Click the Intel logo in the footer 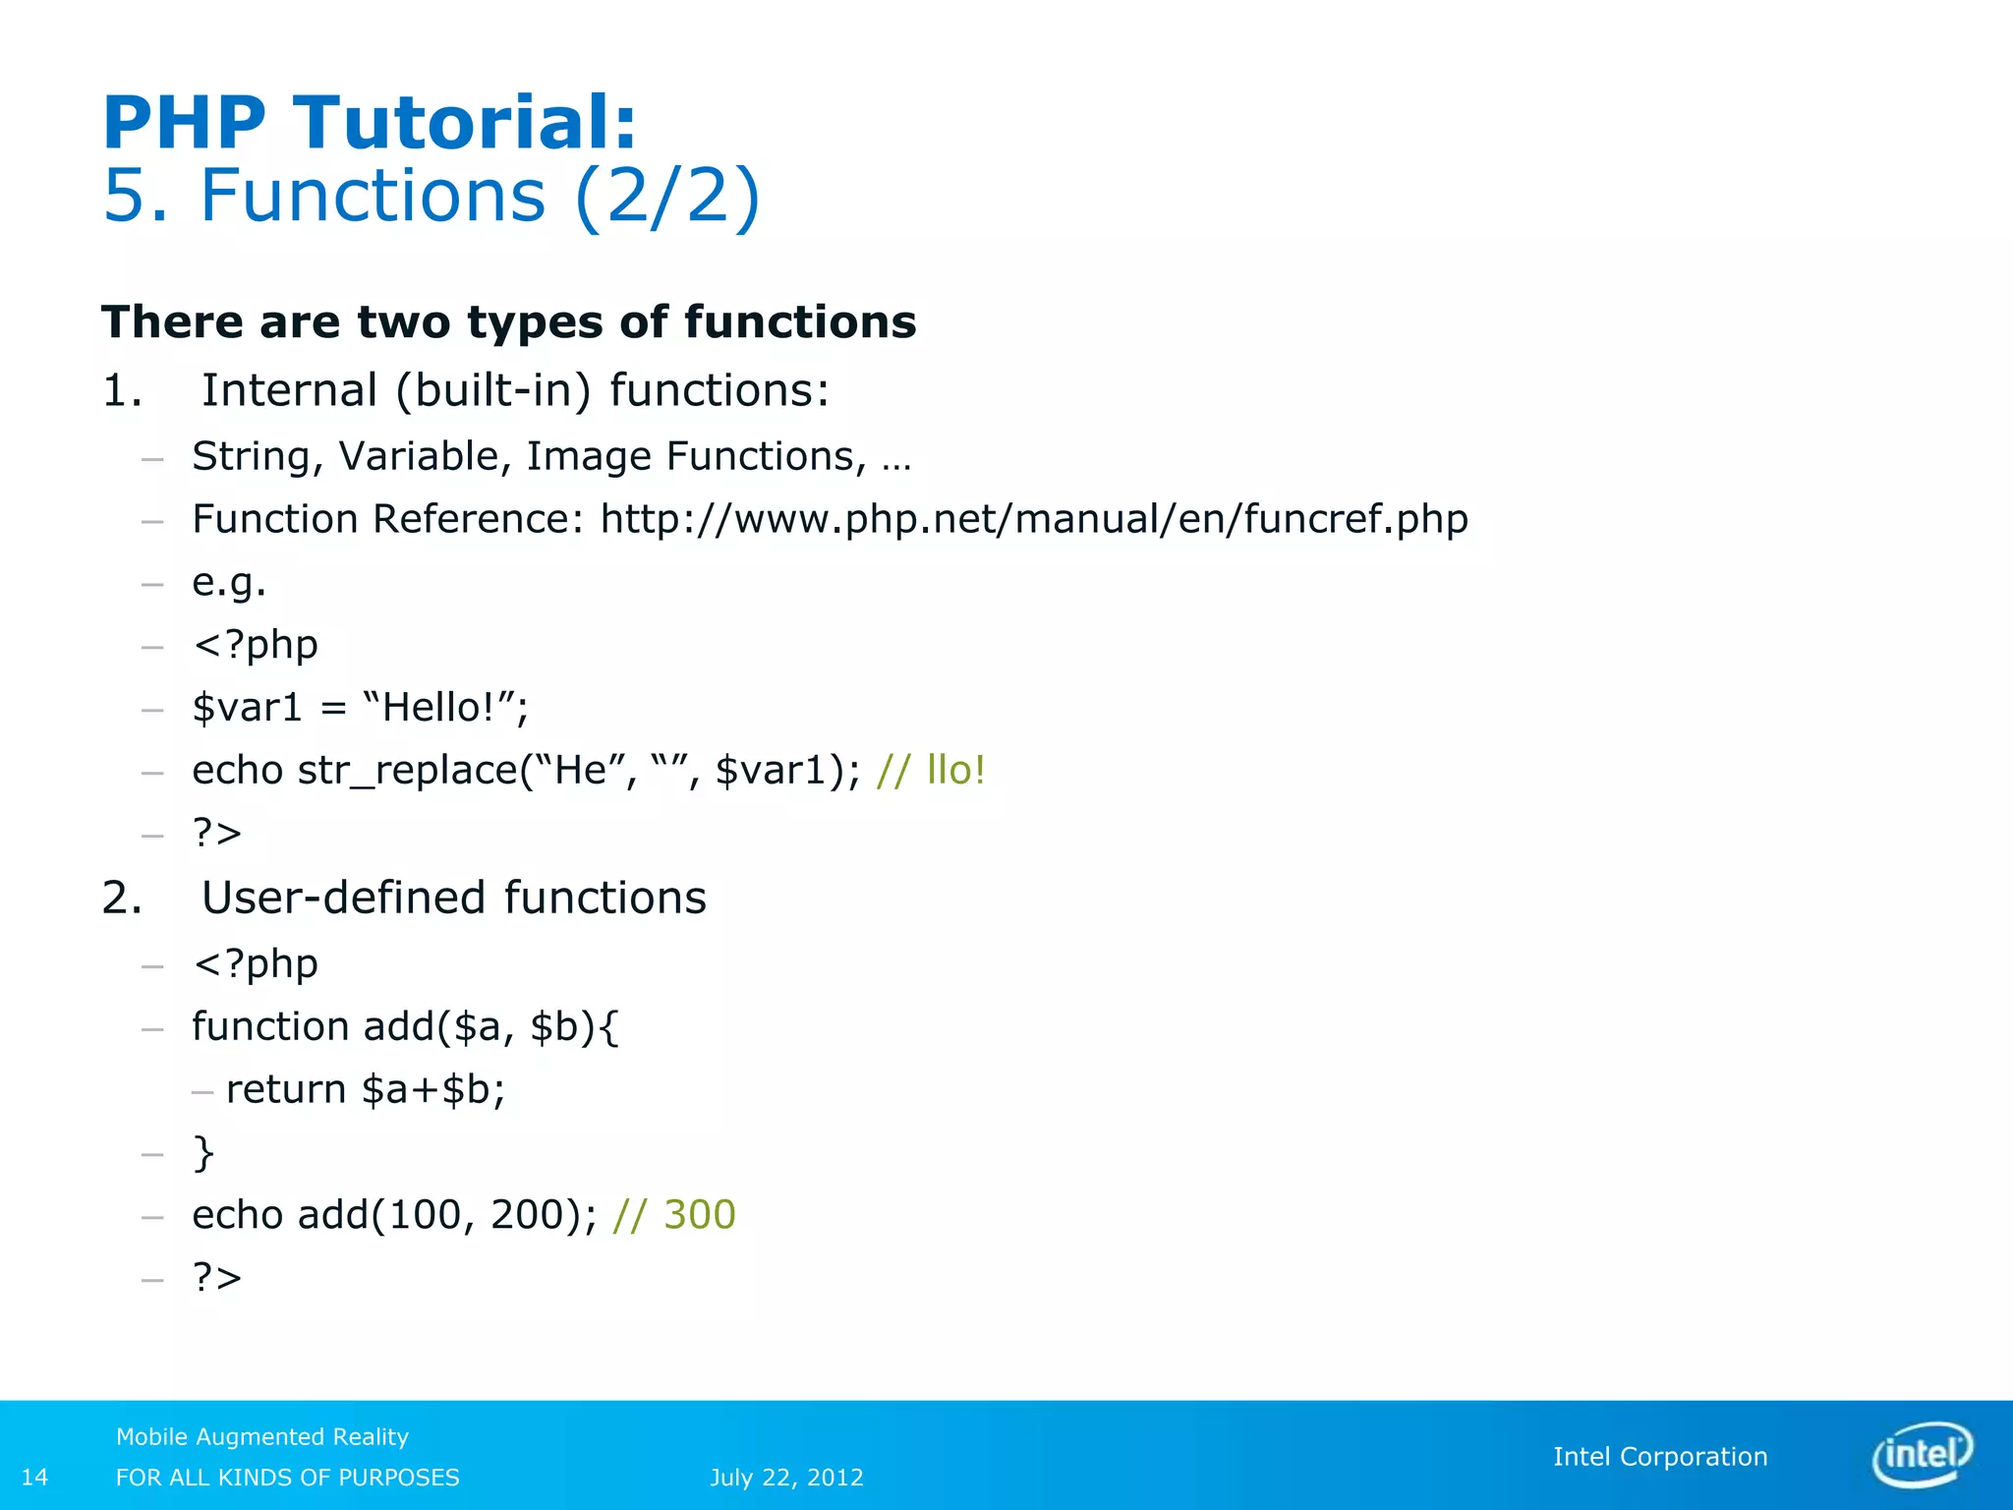click(x=1922, y=1455)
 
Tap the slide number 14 click(x=34, y=1477)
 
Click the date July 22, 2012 click(x=786, y=1477)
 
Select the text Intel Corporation click(x=1659, y=1456)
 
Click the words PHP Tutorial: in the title click(x=370, y=123)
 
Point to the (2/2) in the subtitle click(x=667, y=196)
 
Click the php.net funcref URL click(x=1034, y=519)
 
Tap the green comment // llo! click(x=930, y=770)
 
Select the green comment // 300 click(x=673, y=1215)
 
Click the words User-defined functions click(x=453, y=898)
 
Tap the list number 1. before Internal click(x=122, y=391)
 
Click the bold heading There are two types click(x=508, y=322)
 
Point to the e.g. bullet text click(x=229, y=582)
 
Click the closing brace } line click(x=203, y=1152)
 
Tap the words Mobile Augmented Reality click(x=261, y=1436)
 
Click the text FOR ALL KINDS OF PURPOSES click(x=287, y=1477)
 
